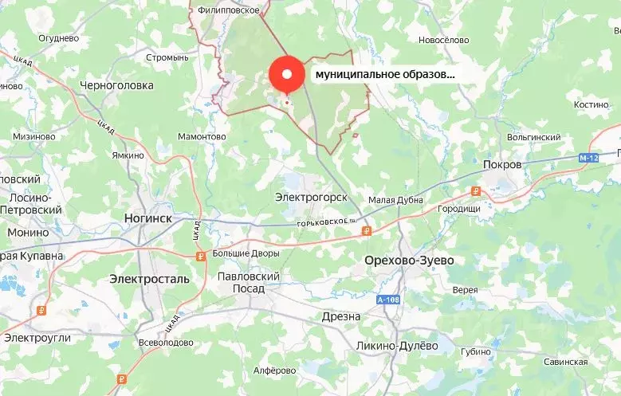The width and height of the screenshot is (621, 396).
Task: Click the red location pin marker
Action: pos(288,76)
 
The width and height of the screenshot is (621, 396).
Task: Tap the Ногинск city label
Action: pos(149,216)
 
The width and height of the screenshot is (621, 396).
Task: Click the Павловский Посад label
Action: pos(249,282)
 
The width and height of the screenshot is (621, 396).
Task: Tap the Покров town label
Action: pos(502,164)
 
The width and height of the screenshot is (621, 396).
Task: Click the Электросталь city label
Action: pos(150,279)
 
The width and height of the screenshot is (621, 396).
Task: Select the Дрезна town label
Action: pos(342,316)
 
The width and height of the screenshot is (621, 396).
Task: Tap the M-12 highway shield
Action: pos(589,159)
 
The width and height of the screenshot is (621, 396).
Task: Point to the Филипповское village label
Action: pos(230,10)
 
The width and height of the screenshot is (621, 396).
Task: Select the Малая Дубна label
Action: pos(396,200)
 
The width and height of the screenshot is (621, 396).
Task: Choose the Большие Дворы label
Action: pos(246,253)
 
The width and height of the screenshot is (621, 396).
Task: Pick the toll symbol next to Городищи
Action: pos(476,190)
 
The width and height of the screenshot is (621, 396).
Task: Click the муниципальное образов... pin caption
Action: pos(385,74)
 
